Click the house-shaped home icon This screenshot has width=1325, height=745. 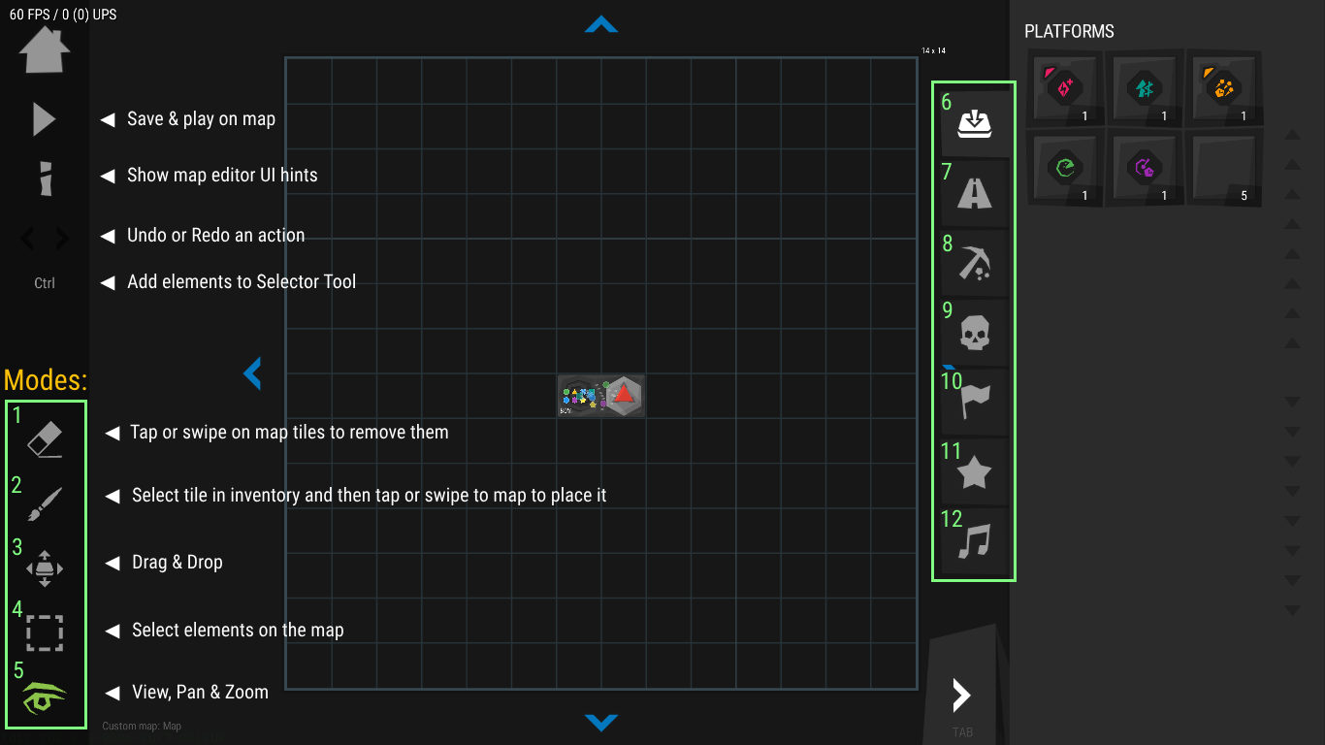click(x=45, y=50)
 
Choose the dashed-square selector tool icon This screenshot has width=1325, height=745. click(x=45, y=632)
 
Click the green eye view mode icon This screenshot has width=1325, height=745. click(x=45, y=696)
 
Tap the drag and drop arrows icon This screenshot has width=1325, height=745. click(x=45, y=568)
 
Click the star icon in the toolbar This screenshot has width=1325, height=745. click(x=975, y=472)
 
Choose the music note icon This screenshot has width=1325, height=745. click(x=975, y=542)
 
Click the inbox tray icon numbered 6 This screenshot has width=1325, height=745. click(x=975, y=123)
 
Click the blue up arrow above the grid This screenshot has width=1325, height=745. click(x=601, y=25)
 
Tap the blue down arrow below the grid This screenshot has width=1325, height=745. click(x=601, y=722)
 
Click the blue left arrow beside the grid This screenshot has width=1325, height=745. click(x=253, y=372)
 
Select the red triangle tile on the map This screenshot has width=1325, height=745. click(x=624, y=396)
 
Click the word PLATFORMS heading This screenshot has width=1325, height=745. click(x=1069, y=32)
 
